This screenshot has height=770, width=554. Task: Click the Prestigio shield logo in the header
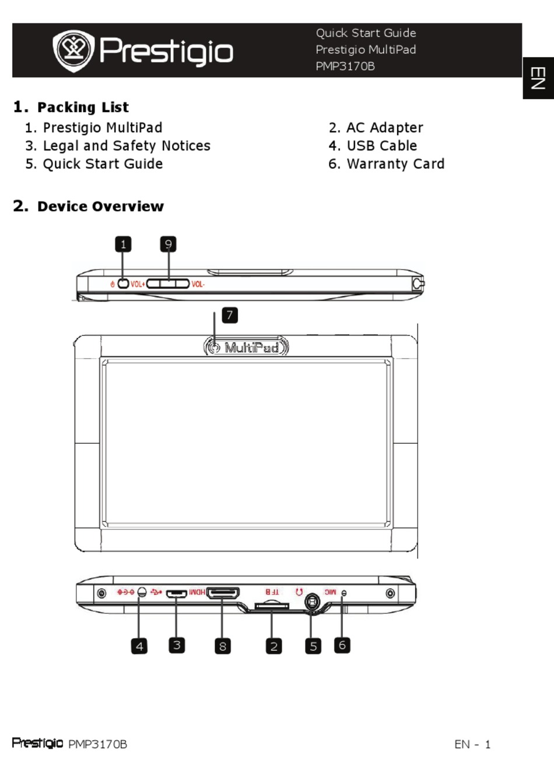[73, 51]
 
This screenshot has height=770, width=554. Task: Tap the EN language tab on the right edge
[538, 78]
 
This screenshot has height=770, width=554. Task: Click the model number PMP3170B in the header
[345, 66]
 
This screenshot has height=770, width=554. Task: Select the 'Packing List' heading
[82, 107]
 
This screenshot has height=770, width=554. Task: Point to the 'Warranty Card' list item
[395, 164]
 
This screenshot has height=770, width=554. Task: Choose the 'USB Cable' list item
[381, 146]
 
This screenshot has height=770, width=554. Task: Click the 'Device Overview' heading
[100, 206]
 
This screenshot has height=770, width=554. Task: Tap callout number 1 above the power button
[123, 244]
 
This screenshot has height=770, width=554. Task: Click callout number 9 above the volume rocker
[168, 244]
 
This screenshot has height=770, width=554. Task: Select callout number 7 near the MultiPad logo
[230, 315]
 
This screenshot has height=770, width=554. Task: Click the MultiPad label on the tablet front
[251, 348]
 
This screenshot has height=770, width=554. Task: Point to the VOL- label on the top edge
[198, 284]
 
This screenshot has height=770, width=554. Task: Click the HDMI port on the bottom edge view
[223, 593]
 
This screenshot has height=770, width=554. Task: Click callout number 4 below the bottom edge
[139, 646]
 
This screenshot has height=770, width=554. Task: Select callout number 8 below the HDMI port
[222, 646]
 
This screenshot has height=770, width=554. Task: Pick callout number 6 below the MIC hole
[342, 645]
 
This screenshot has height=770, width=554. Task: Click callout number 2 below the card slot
[274, 646]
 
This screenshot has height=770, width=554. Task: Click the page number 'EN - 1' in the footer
[472, 744]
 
